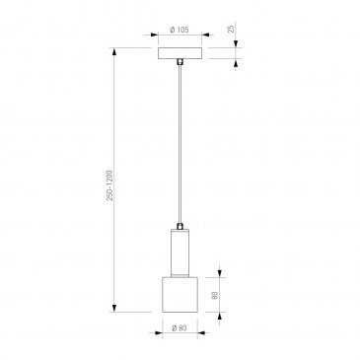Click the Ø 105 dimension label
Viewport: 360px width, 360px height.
[x=180, y=30]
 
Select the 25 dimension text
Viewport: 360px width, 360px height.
[x=232, y=29]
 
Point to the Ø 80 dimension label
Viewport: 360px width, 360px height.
[x=180, y=327]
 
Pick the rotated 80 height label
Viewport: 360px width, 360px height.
[x=215, y=295]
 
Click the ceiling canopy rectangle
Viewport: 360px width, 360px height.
[x=180, y=53]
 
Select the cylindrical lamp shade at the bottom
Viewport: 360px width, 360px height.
[x=180, y=295]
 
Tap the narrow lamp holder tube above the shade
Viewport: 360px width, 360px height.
[x=180, y=252]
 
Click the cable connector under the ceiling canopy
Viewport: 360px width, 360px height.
[x=180, y=62]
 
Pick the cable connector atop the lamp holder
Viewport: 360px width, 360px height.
[x=180, y=226]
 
